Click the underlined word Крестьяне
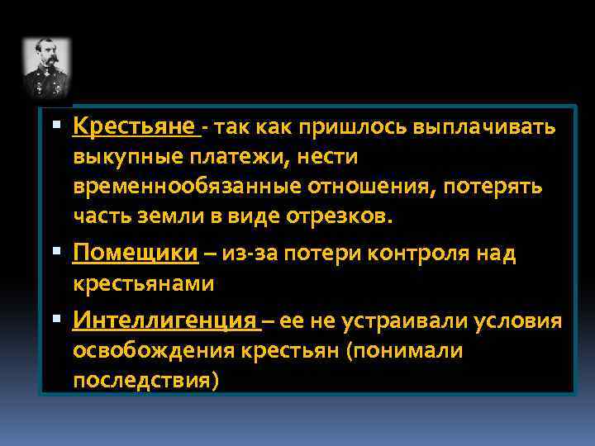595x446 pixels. (x=135, y=127)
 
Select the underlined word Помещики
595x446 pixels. (x=136, y=254)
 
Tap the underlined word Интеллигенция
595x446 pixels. (x=165, y=320)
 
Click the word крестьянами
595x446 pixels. (x=144, y=283)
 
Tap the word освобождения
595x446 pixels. (x=155, y=351)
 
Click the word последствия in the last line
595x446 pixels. (x=145, y=380)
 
